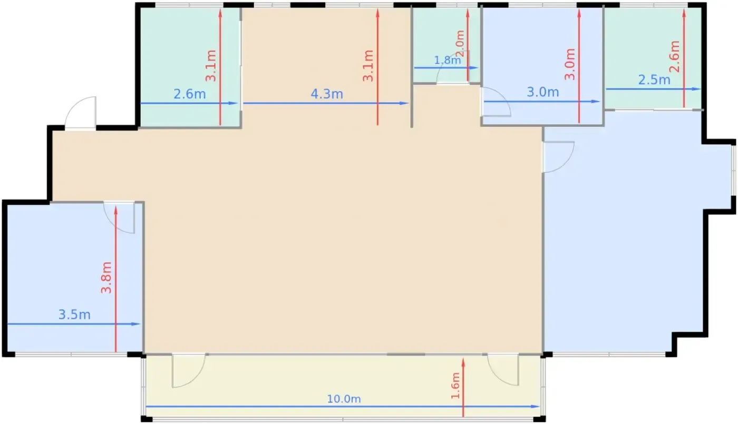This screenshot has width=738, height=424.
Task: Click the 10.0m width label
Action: [x=344, y=399]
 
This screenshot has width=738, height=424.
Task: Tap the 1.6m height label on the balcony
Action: [x=455, y=386]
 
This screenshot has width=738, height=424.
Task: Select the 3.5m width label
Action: [x=74, y=315]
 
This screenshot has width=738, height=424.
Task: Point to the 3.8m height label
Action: [x=106, y=278]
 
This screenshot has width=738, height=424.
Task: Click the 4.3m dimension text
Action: [x=327, y=94]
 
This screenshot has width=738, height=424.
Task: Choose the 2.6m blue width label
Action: [x=190, y=94]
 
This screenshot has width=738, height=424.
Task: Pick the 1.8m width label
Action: [x=448, y=60]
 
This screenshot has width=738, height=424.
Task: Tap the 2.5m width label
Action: [x=654, y=80]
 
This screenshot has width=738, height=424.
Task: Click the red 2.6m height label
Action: [x=675, y=57]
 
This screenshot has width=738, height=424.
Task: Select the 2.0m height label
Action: [x=460, y=43]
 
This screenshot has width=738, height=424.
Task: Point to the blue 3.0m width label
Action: [x=543, y=92]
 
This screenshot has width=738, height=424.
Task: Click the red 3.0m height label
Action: [x=570, y=64]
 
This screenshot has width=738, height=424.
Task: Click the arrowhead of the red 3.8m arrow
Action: [x=116, y=210]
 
